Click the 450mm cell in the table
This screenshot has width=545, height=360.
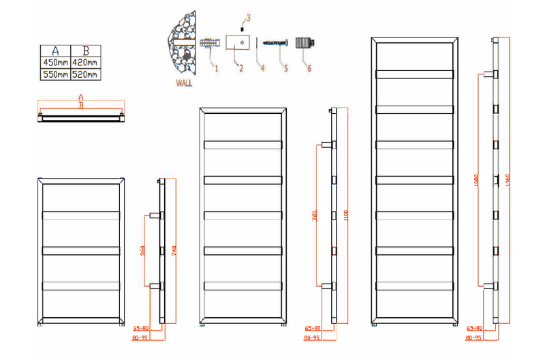click(x=54, y=62)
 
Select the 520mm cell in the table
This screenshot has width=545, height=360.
click(x=86, y=74)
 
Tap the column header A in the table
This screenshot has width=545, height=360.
click(x=54, y=50)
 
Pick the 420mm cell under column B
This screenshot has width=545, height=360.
click(x=86, y=62)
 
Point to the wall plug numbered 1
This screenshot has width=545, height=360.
click(x=209, y=45)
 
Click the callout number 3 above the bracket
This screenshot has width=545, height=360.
click(x=248, y=17)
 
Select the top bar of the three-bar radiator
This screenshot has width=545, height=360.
click(x=82, y=215)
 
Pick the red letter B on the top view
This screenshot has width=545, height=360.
click(x=81, y=106)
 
